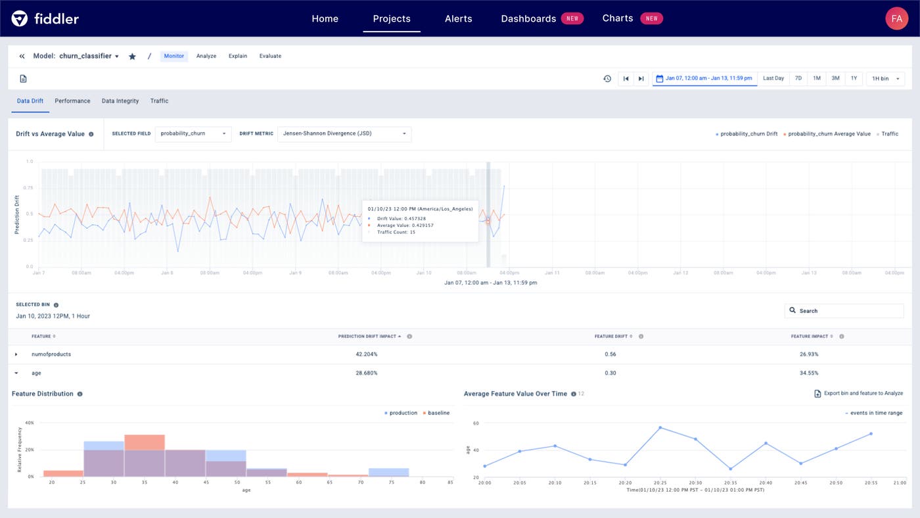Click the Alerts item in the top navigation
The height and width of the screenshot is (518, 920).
click(458, 18)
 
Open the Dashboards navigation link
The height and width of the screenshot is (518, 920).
click(528, 18)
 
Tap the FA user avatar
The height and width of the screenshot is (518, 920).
click(896, 18)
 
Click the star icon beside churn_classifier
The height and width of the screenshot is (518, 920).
click(132, 57)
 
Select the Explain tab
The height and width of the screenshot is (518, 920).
click(238, 56)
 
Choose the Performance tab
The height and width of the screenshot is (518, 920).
click(72, 101)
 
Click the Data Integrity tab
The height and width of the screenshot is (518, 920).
click(120, 101)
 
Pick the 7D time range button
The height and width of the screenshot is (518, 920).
click(798, 78)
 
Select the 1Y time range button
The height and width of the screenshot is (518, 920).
click(854, 78)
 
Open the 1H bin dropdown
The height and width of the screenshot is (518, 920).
click(885, 79)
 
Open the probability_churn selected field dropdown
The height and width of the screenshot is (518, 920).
click(193, 133)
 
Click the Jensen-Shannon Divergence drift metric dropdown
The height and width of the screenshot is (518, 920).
click(344, 133)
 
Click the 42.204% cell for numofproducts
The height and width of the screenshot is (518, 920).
click(367, 354)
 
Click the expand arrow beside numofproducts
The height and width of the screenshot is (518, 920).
click(16, 354)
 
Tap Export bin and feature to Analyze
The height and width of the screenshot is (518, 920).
click(858, 394)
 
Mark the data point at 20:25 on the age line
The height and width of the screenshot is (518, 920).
click(660, 428)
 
